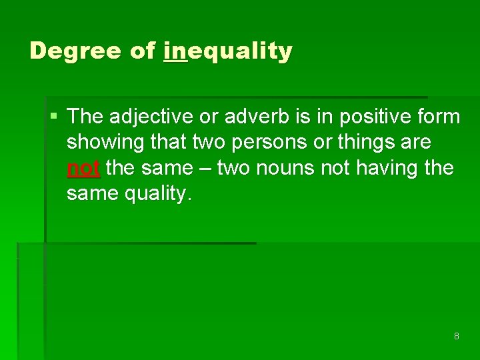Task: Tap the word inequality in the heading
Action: [227, 51]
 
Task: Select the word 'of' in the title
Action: [142, 51]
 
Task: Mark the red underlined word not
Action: [83, 168]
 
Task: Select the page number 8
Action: [456, 336]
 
